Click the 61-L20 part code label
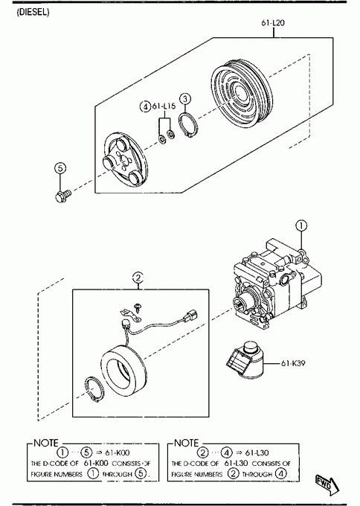(x=273, y=23)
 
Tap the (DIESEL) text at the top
(x=33, y=12)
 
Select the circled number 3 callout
(x=185, y=99)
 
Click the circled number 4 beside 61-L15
(x=145, y=106)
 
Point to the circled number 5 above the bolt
(x=60, y=168)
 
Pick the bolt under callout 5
(x=63, y=196)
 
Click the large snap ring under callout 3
(x=187, y=125)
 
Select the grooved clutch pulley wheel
(x=241, y=94)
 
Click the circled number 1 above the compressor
(x=301, y=225)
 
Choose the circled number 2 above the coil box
(x=138, y=278)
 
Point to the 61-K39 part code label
(x=293, y=363)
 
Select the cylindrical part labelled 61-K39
(x=245, y=359)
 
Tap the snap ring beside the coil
(x=94, y=390)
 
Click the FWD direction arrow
(x=327, y=484)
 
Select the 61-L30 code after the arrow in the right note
(x=257, y=452)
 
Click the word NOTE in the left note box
(x=46, y=443)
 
